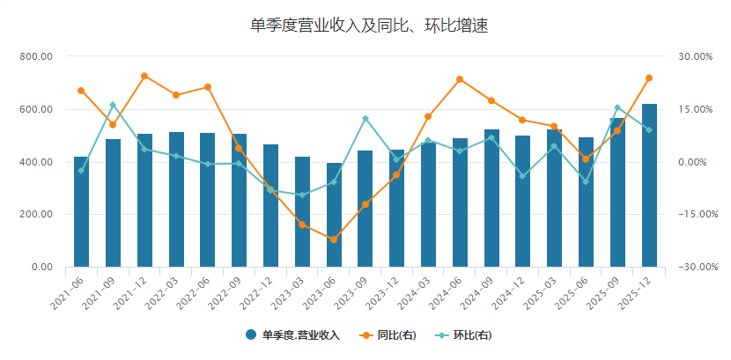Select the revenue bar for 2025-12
click(x=649, y=185)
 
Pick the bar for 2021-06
click(x=81, y=211)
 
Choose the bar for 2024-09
click(x=491, y=198)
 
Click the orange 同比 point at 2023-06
click(x=334, y=239)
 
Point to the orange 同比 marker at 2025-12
click(x=649, y=78)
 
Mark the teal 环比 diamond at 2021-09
click(x=113, y=105)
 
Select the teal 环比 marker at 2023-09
click(x=365, y=118)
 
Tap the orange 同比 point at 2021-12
click(x=144, y=76)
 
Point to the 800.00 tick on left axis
click(x=36, y=56)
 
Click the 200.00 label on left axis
click(x=36, y=215)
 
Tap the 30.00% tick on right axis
click(x=695, y=56)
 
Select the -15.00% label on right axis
click(x=693, y=215)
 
